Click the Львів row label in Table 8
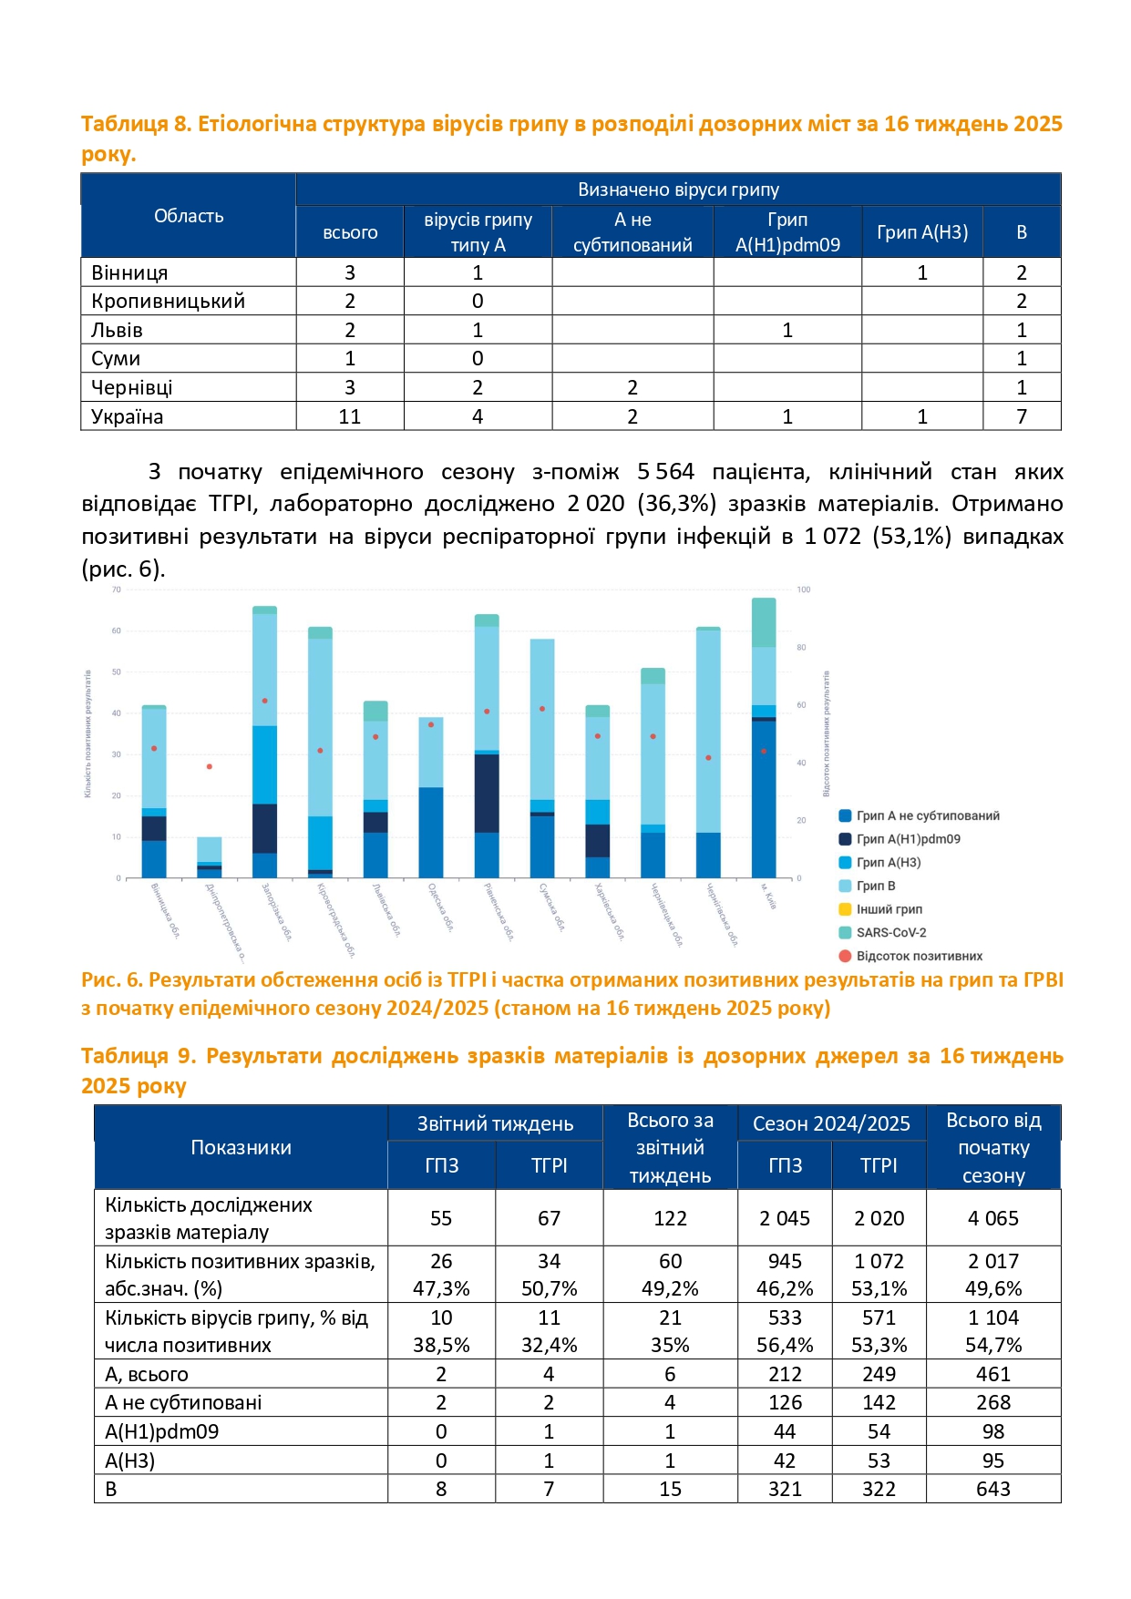pyautogui.click(x=117, y=330)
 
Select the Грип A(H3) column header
pyautogui.click(x=921, y=232)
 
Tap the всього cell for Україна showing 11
pyautogui.click(x=350, y=416)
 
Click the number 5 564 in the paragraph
pyautogui.click(x=665, y=472)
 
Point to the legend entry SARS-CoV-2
pyautogui.click(x=890, y=932)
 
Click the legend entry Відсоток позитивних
pyautogui.click(x=919, y=956)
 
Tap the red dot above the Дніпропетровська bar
pyautogui.click(x=210, y=767)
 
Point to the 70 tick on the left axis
pyautogui.click(x=117, y=590)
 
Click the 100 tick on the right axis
pyautogui.click(x=804, y=590)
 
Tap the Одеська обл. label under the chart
pyautogui.click(x=441, y=907)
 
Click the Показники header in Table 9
pyautogui.click(x=241, y=1147)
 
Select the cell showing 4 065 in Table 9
pyautogui.click(x=993, y=1218)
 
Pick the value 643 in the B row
pyautogui.click(x=993, y=1489)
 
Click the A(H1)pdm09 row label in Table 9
pyautogui.click(x=161, y=1431)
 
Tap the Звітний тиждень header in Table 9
pyautogui.click(x=495, y=1123)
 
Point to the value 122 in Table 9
pyautogui.click(x=670, y=1218)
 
